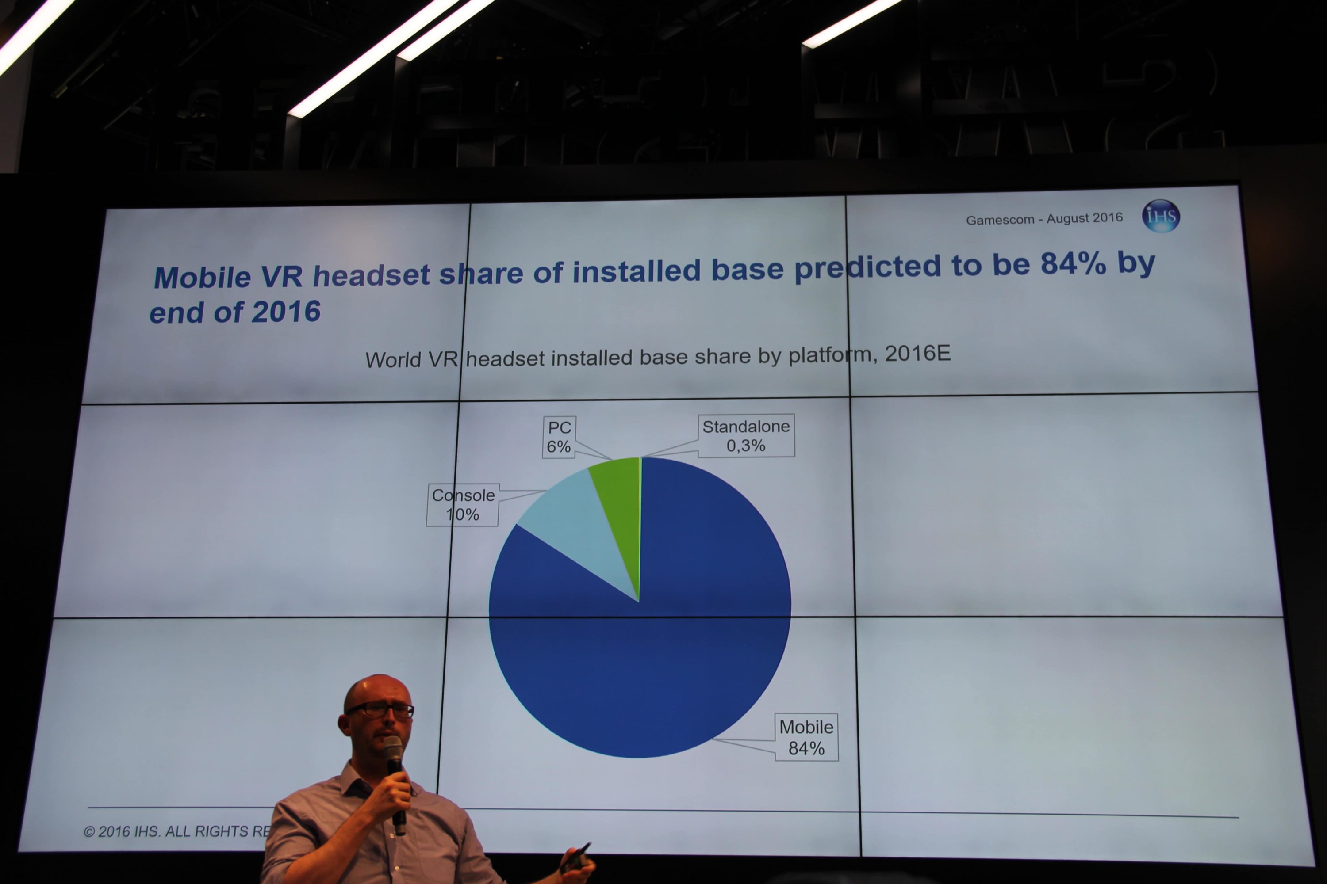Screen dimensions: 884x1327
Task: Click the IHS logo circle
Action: click(1161, 216)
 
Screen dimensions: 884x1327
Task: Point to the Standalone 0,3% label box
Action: click(746, 436)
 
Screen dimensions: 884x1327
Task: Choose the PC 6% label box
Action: click(559, 437)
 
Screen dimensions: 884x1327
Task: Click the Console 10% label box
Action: click(463, 505)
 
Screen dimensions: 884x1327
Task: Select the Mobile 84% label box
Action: click(806, 737)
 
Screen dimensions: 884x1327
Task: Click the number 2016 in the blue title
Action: click(286, 312)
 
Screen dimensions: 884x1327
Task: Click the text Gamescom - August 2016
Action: click(1044, 219)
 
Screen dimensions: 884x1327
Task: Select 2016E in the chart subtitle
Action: click(918, 354)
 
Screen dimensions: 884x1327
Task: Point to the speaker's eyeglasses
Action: click(381, 709)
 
